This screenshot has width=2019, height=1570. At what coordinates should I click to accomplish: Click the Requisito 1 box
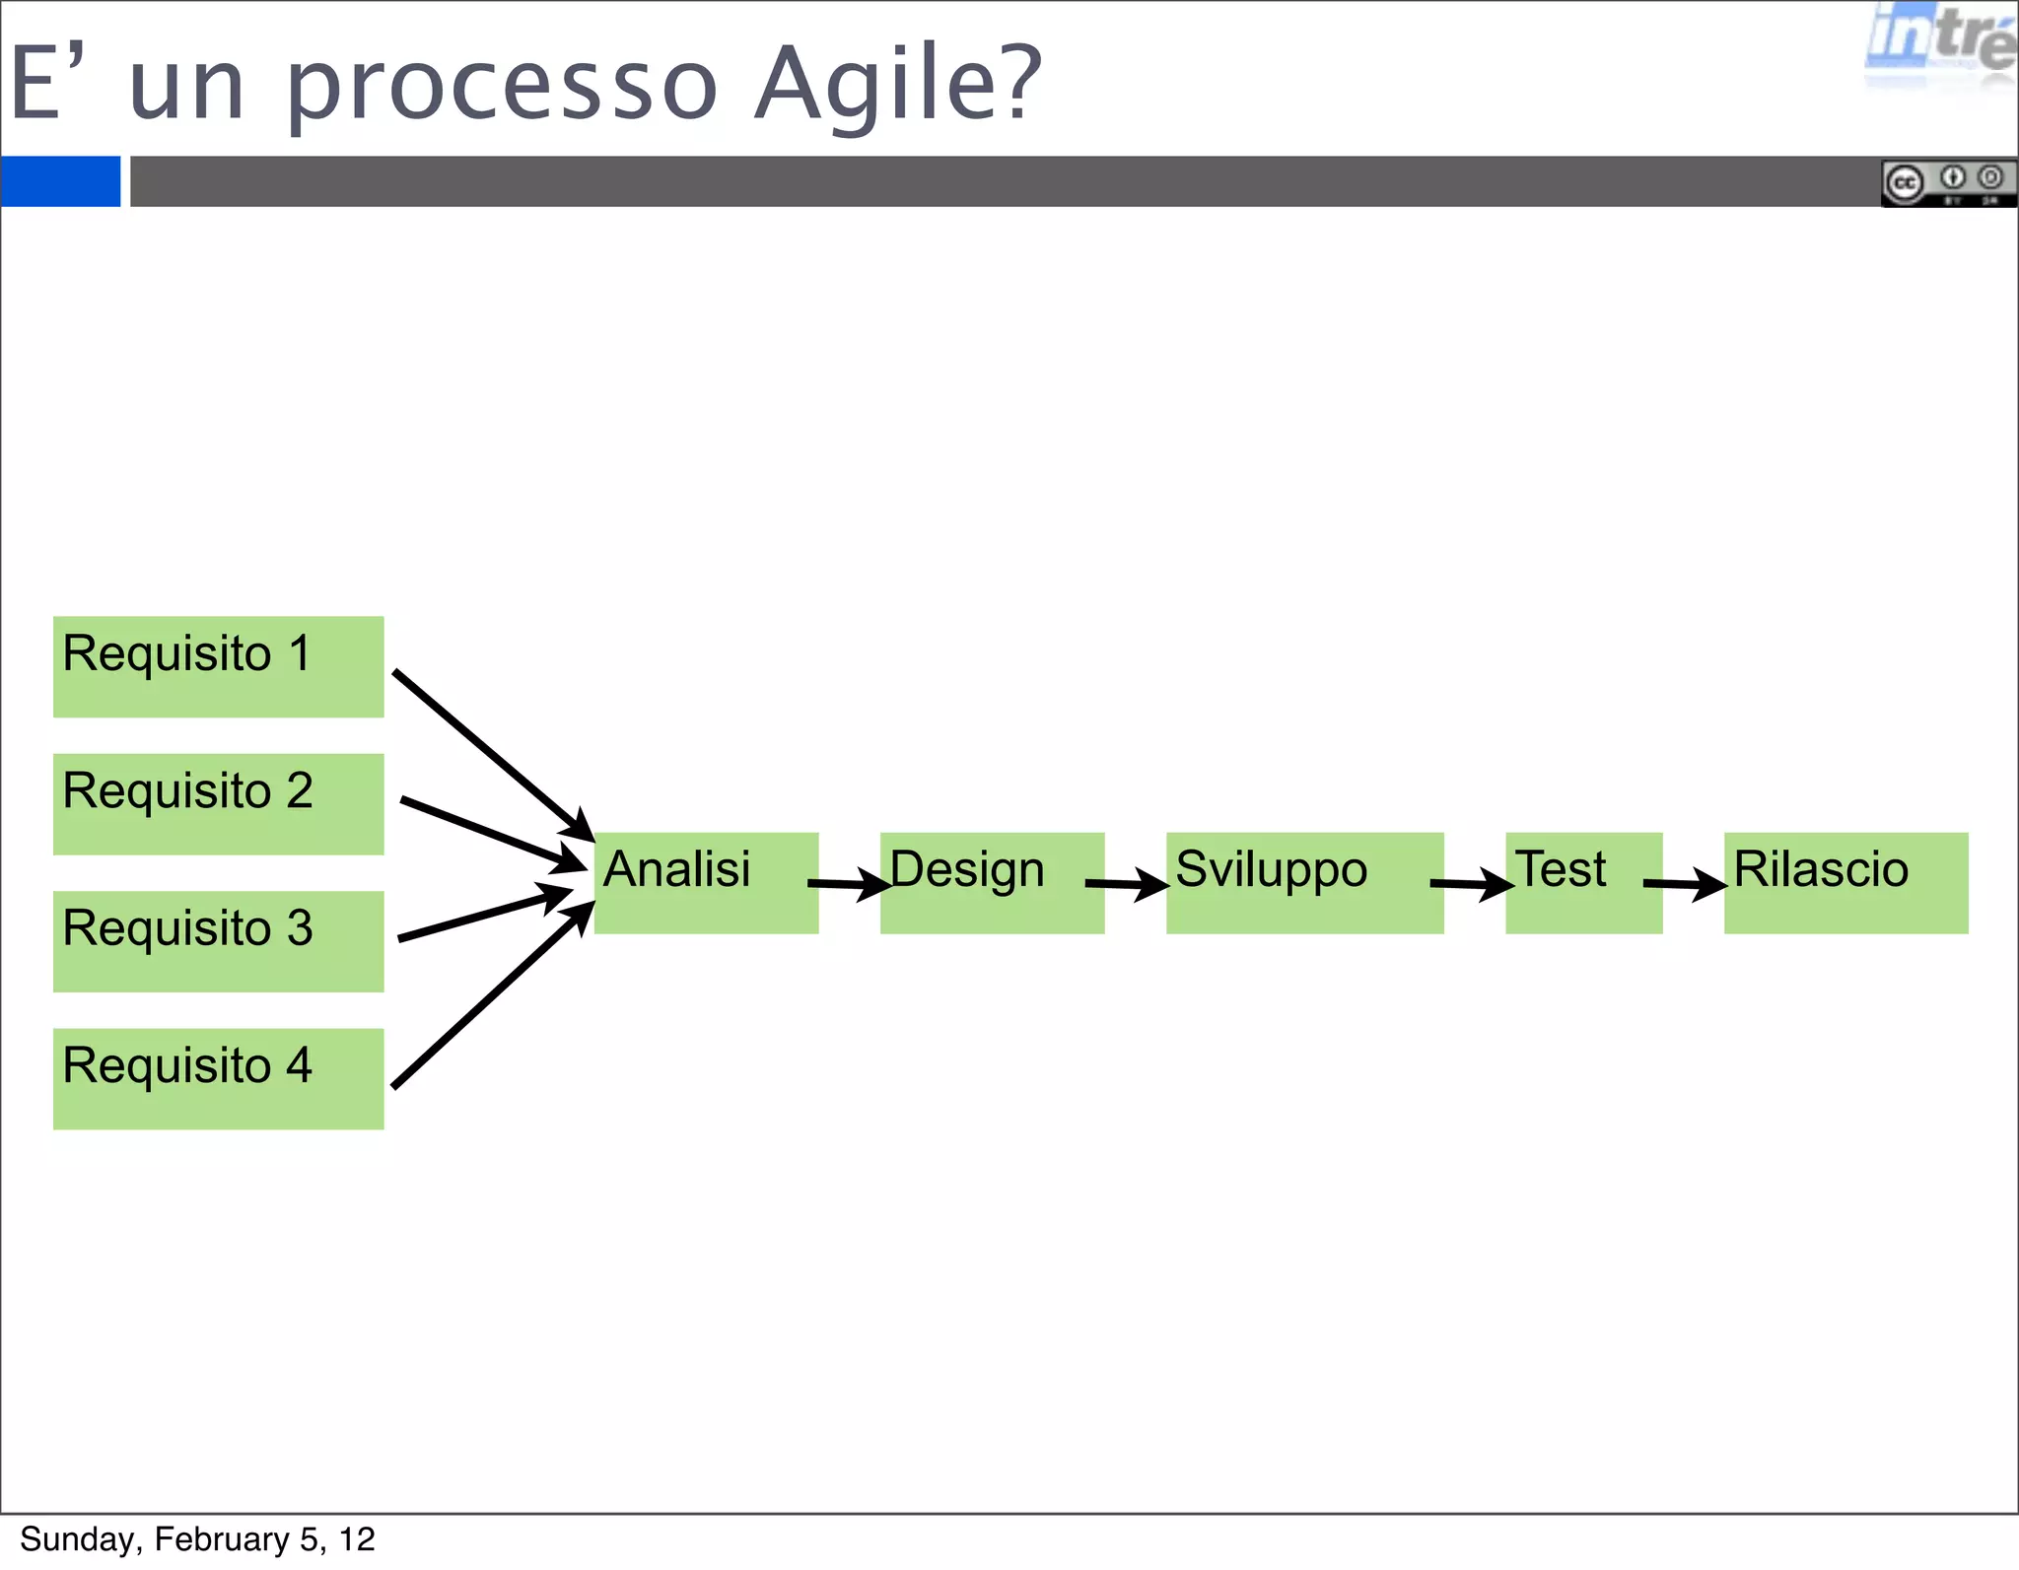coord(218,666)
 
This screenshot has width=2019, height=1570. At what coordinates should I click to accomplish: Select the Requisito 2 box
coord(218,803)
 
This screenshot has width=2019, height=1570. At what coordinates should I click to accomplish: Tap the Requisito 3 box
coord(218,941)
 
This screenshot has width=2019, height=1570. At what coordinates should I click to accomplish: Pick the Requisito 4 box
coord(218,1078)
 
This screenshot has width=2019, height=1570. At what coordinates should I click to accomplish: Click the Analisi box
coord(706,883)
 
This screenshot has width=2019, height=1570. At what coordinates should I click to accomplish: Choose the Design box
coord(992,883)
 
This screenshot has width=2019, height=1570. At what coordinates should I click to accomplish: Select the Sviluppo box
coord(1304,883)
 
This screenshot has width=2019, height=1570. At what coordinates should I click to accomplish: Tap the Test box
coord(1583,883)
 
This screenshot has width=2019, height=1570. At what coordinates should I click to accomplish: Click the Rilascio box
coord(1845,883)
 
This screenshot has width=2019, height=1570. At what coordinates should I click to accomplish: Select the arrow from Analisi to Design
coord(849,883)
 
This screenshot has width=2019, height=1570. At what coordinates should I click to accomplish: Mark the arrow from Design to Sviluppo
coord(1126,884)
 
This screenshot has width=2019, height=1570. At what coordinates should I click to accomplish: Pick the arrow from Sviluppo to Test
coord(1471,884)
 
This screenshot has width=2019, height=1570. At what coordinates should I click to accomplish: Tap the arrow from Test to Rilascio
coord(1684,884)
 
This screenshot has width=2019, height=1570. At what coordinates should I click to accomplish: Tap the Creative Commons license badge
coord(1948,183)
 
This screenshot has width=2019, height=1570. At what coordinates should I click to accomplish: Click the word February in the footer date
coord(221,1539)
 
